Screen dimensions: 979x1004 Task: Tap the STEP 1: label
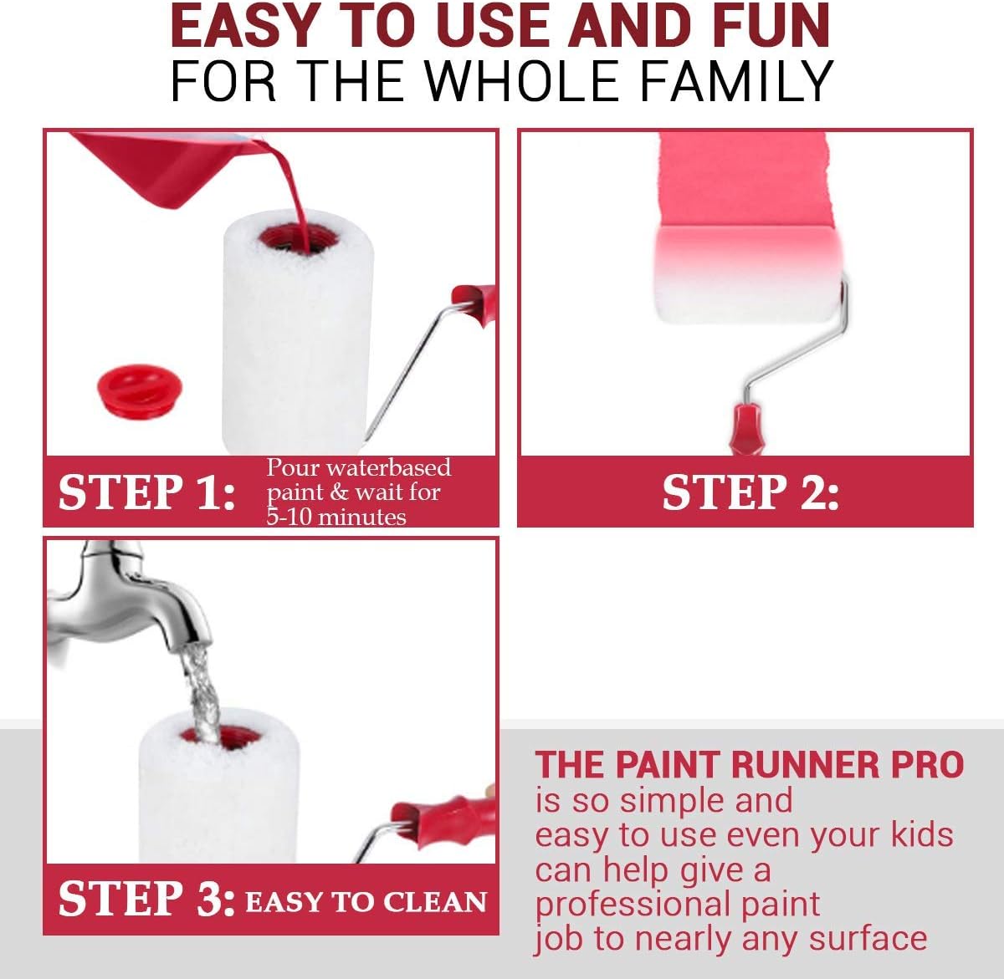click(x=146, y=492)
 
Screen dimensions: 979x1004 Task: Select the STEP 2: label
click(x=750, y=492)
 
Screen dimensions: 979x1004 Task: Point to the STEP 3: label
click(x=146, y=900)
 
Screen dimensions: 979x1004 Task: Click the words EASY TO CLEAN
click(x=366, y=902)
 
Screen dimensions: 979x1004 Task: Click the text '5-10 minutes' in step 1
click(x=336, y=517)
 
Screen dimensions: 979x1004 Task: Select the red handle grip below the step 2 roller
click(x=746, y=428)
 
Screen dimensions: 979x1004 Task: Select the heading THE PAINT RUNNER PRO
click(x=750, y=765)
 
